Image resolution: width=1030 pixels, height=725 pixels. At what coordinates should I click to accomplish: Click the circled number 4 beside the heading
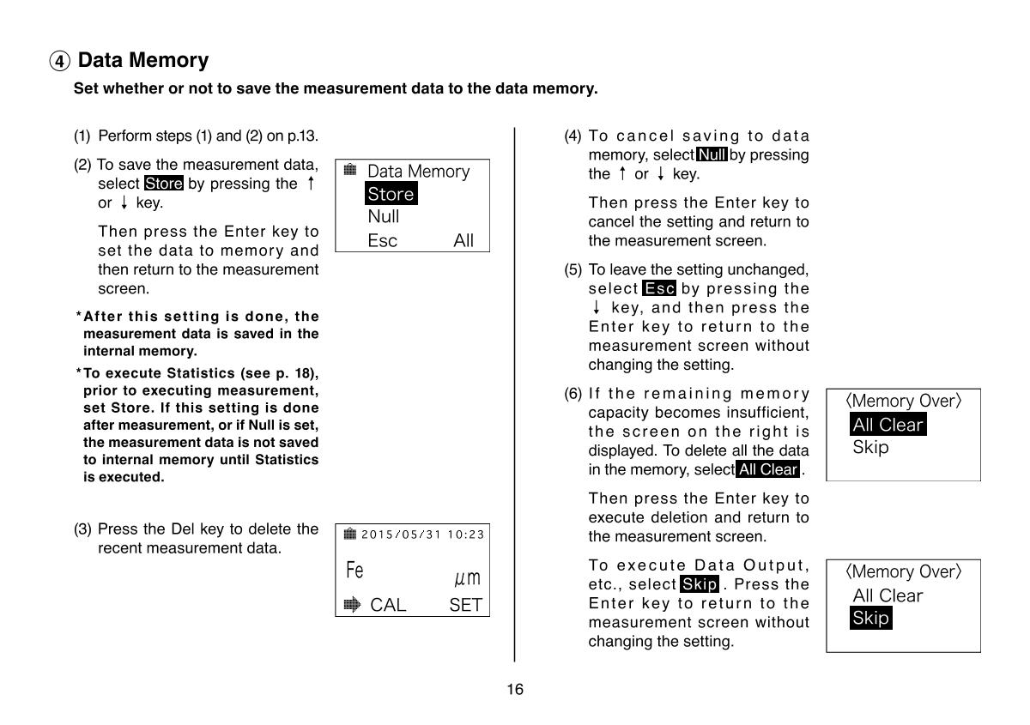(x=59, y=62)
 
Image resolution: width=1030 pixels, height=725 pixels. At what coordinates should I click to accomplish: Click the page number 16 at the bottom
(x=515, y=689)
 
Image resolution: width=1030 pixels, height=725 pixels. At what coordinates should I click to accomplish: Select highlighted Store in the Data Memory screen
(x=391, y=194)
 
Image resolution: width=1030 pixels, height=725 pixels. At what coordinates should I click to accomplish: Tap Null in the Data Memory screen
(x=383, y=217)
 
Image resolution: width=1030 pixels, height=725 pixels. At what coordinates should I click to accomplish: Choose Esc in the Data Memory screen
(x=382, y=240)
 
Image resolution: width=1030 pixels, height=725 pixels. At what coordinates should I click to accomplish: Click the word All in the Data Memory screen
(x=463, y=240)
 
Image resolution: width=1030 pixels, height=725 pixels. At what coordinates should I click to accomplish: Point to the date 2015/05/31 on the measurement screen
(x=399, y=535)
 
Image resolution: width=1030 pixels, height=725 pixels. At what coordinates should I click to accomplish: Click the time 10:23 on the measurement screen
(x=466, y=535)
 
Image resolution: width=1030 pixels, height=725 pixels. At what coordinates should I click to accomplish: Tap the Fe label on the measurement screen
(x=354, y=571)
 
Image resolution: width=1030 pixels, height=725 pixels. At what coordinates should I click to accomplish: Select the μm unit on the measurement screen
(x=468, y=577)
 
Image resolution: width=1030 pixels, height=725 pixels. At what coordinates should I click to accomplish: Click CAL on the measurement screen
(x=388, y=606)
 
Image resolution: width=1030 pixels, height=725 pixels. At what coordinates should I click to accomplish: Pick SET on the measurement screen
(x=465, y=606)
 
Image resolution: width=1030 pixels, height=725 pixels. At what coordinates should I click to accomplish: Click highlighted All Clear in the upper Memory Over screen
(x=888, y=425)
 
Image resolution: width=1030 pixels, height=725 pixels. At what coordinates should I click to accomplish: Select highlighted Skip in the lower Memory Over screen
(x=870, y=618)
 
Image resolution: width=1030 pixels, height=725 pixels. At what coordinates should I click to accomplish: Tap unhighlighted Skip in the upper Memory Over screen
(x=870, y=447)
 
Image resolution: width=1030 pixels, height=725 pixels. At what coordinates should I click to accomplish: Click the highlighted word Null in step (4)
(x=712, y=155)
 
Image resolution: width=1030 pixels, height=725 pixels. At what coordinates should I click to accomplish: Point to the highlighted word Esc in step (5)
(x=659, y=289)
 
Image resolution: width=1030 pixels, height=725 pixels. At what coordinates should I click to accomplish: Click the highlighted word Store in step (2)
(x=163, y=184)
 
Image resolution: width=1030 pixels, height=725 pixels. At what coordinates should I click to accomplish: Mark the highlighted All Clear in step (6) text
(x=767, y=469)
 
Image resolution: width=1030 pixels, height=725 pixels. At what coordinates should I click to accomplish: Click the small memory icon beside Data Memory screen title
(x=350, y=170)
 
